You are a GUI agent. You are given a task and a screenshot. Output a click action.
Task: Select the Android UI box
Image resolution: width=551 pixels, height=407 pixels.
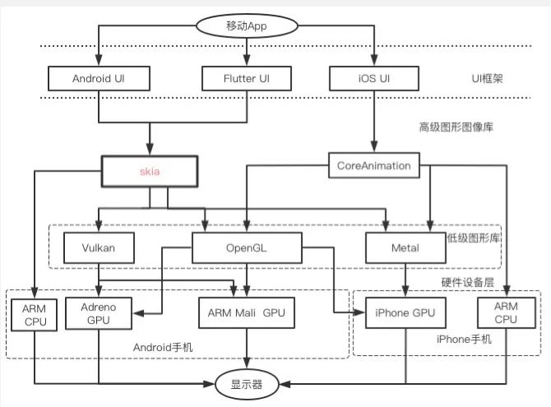coord(99,78)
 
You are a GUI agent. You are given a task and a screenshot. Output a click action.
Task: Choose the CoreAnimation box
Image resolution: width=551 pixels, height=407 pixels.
coord(374,165)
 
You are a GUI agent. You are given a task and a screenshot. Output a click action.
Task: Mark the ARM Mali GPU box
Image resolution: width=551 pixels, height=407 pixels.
coord(247,312)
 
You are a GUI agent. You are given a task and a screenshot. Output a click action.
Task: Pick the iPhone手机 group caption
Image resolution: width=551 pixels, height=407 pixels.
coord(443,339)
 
